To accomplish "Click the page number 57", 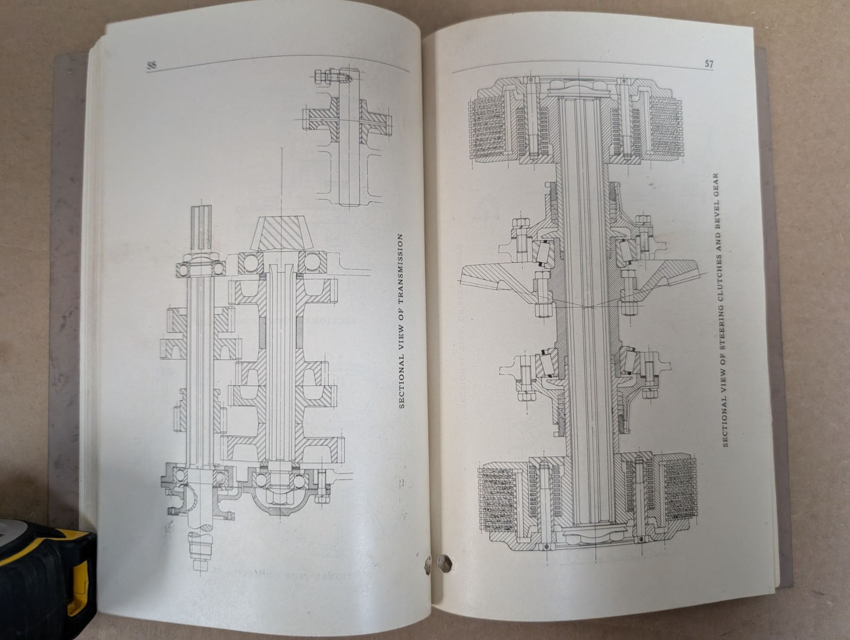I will point(709,64).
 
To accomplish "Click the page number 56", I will point(152,66).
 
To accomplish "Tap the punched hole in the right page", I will point(444,562).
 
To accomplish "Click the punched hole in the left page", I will point(427,563).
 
